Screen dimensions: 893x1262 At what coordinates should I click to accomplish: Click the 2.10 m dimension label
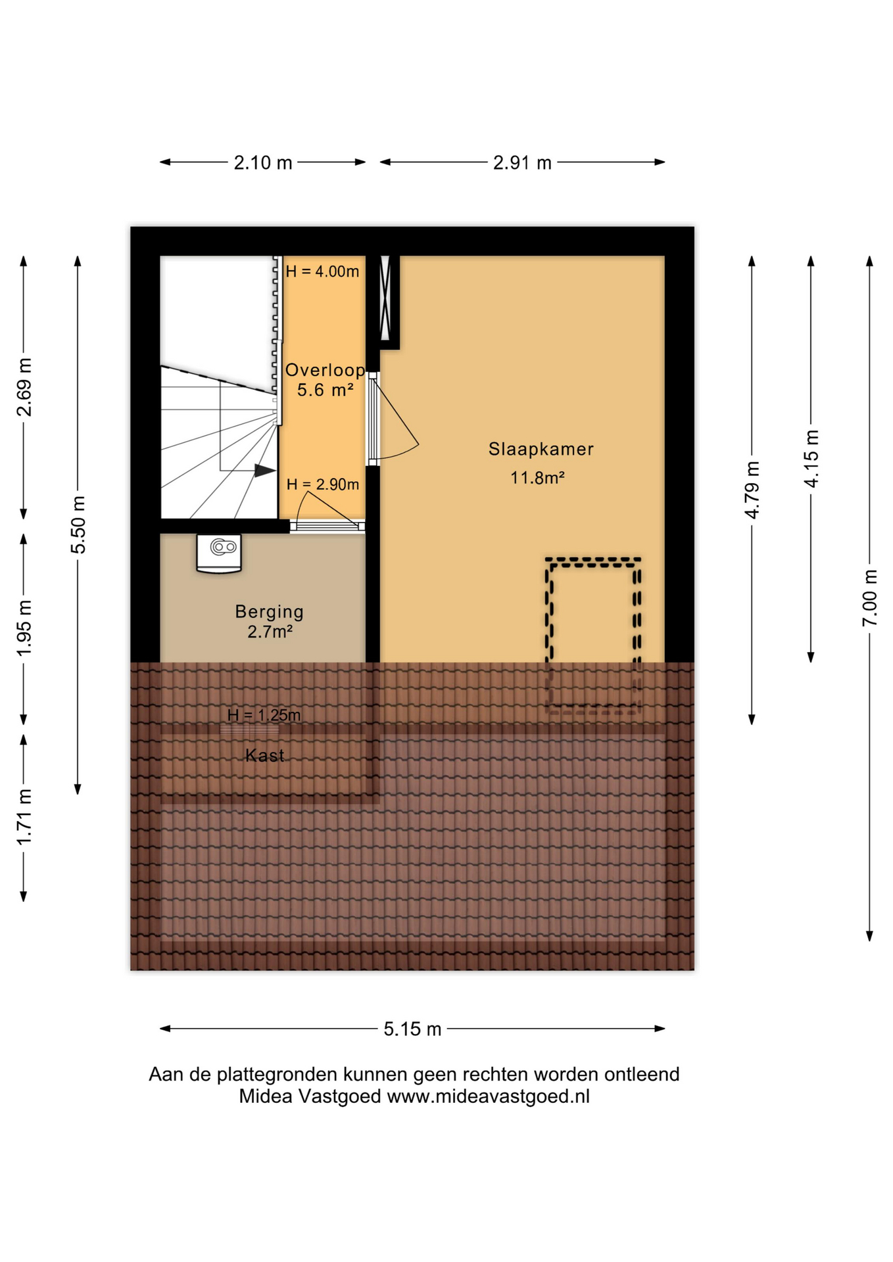[262, 162]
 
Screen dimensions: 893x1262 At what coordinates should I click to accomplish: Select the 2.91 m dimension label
[522, 162]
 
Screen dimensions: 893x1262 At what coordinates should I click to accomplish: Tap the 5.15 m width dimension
[412, 1029]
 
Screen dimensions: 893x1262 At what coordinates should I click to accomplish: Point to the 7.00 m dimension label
[869, 597]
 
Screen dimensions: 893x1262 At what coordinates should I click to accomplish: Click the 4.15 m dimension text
[811, 459]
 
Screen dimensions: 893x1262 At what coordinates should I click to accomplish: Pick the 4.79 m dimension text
[752, 490]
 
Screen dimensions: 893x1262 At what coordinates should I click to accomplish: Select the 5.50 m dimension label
[78, 525]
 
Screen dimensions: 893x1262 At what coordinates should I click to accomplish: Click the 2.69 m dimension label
[24, 388]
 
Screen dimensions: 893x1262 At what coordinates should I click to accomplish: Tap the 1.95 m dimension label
[24, 628]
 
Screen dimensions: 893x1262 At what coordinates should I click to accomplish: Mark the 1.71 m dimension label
[24, 817]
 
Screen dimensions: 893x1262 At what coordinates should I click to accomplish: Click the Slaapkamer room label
[541, 449]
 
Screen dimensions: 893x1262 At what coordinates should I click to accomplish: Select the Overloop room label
[325, 370]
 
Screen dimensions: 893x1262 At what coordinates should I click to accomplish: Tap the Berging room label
[270, 612]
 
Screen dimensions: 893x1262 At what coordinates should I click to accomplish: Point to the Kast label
[265, 755]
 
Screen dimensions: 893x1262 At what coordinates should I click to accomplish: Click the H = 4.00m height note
[322, 271]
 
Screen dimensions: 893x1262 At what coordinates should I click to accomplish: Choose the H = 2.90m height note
[323, 484]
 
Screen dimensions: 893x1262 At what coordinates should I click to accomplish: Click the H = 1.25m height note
[264, 715]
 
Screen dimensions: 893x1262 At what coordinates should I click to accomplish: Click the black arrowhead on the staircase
[265, 471]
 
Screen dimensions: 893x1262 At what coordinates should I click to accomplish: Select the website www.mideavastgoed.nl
[488, 1096]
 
